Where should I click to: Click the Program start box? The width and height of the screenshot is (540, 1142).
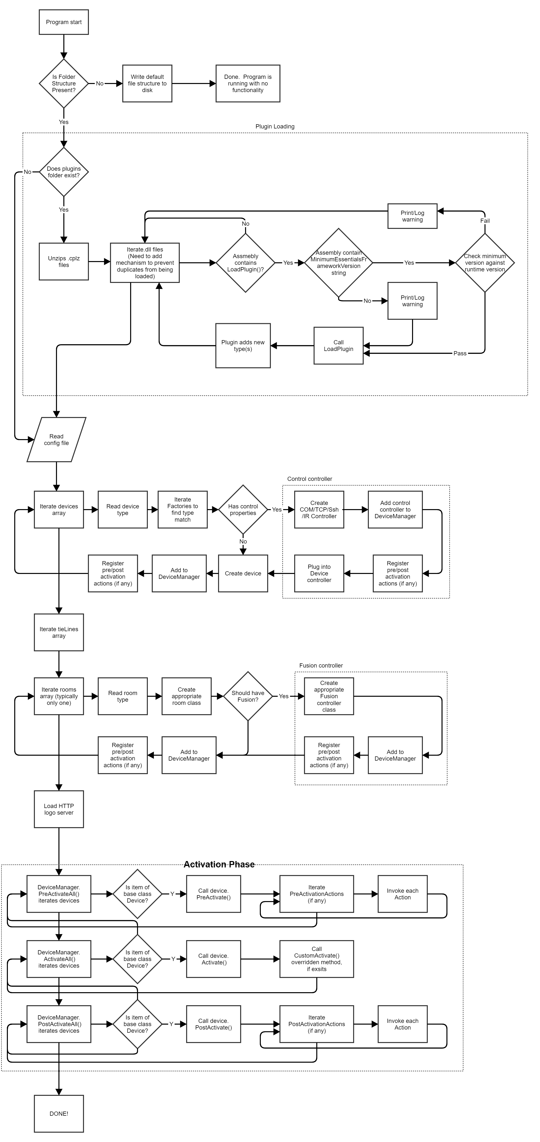64,22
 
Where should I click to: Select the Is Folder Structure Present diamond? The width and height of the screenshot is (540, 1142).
64,83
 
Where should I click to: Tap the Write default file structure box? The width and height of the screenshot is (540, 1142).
147,83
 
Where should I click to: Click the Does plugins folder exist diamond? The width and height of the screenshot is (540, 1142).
64,172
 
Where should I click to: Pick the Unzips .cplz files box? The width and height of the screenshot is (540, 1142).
64,262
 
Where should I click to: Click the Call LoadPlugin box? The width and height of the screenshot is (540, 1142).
338,346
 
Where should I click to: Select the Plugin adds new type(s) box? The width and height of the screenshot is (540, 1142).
243,346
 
